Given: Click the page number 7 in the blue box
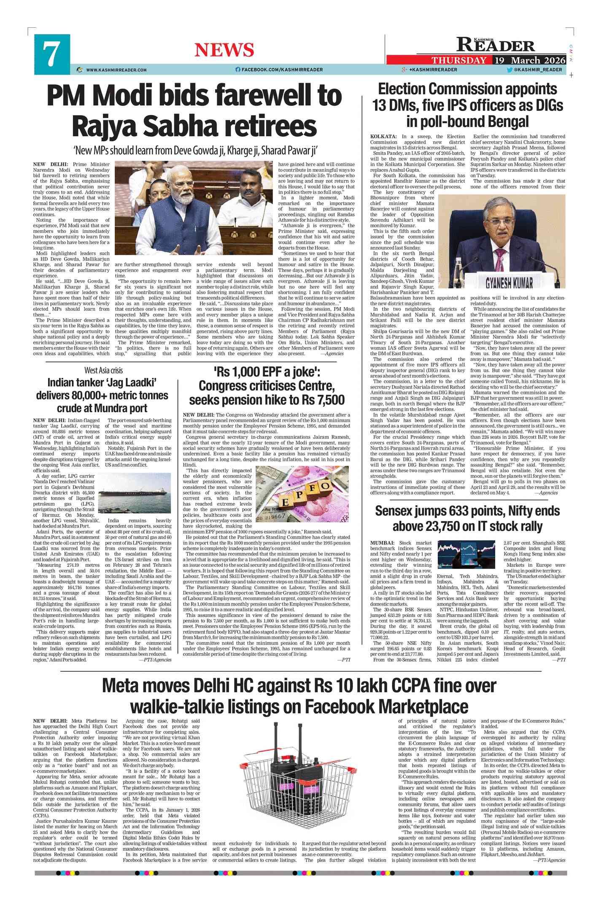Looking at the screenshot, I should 51,55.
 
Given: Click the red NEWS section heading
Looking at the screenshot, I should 224,50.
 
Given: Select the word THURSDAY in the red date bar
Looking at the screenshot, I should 459,60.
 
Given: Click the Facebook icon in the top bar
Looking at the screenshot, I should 238,70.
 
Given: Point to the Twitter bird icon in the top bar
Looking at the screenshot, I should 510,70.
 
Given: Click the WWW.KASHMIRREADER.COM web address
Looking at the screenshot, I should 116,70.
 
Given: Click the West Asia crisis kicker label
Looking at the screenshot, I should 103,370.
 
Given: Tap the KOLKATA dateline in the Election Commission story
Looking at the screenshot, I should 383,137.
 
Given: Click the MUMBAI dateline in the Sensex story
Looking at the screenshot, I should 382,543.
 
